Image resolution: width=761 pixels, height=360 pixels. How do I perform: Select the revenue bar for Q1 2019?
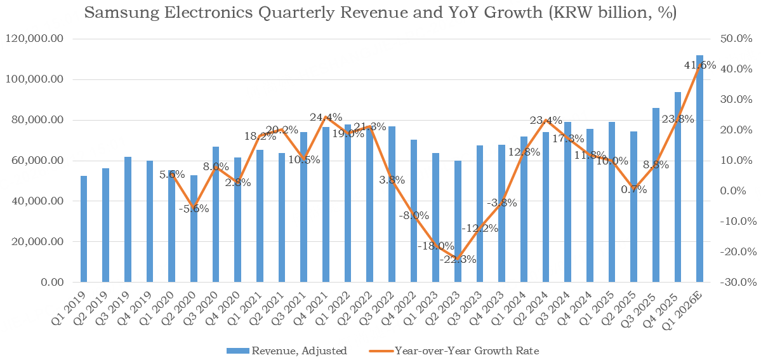[84, 229]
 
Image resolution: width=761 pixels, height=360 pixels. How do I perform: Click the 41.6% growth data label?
[700, 65]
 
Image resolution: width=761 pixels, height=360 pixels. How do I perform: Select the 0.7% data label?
[634, 189]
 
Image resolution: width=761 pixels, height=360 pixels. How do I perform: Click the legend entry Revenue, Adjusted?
[286, 350]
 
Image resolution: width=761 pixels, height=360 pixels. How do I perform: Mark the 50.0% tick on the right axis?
[736, 39]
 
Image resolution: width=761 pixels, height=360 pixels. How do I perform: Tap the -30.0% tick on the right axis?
[735, 282]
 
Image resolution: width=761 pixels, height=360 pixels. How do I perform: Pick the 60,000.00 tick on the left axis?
[37, 161]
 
